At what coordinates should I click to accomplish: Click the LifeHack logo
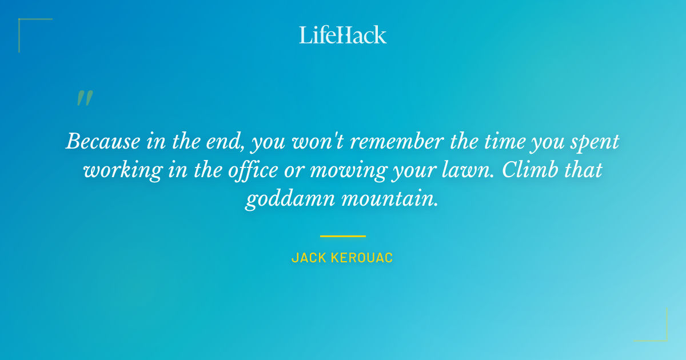pyautogui.click(x=343, y=35)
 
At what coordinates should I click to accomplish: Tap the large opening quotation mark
pyautogui.click(x=85, y=98)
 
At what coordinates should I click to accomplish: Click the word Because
pyautogui.click(x=102, y=141)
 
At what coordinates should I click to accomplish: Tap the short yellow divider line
pyautogui.click(x=343, y=235)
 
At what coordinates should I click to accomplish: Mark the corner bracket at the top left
pyautogui.click(x=26, y=26)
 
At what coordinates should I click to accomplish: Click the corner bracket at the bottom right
pyautogui.click(x=660, y=334)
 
